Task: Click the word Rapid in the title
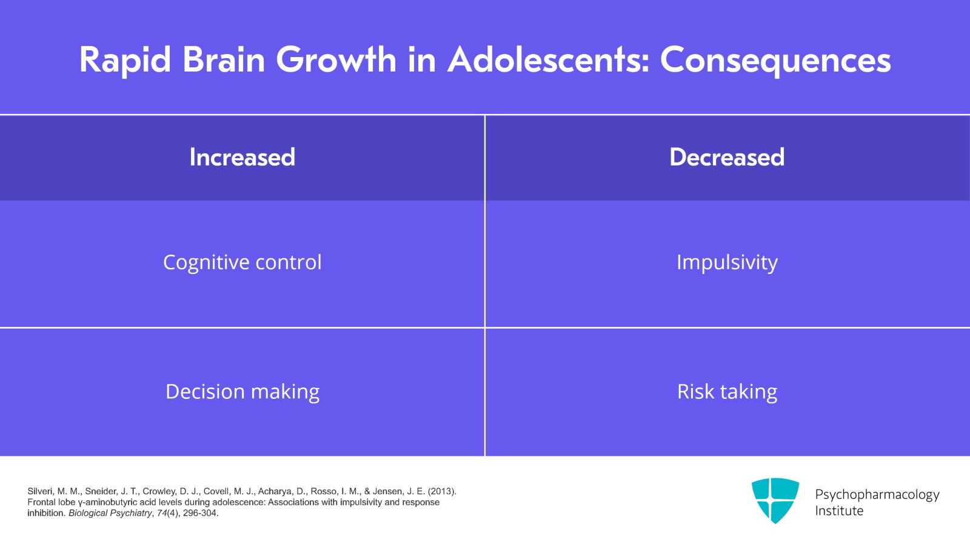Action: tap(125, 61)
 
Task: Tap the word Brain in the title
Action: tap(224, 61)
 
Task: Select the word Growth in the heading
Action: tap(336, 61)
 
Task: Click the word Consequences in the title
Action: tap(775, 61)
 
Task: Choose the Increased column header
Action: tap(242, 158)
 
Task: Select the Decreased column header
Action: tap(727, 158)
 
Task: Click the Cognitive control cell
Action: tap(242, 262)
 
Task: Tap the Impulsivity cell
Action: tap(727, 262)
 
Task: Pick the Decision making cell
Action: tap(242, 392)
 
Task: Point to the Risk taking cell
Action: tap(727, 392)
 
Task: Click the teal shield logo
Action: tap(775, 500)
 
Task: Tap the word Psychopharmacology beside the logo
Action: tap(877, 495)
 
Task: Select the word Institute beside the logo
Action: tap(839, 511)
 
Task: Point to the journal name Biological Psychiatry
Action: tap(110, 513)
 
